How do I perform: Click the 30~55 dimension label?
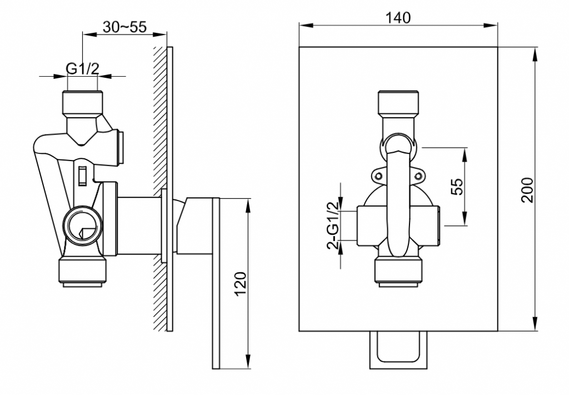click(124, 27)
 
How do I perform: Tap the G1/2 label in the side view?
click(82, 68)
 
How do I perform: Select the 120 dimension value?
click(241, 284)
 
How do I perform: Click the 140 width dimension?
click(398, 17)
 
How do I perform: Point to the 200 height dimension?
click(527, 189)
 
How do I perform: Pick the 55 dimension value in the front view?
click(458, 187)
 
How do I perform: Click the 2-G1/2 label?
click(333, 225)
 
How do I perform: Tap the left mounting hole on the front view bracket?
click(378, 176)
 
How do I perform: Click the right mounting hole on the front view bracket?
click(418, 176)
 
